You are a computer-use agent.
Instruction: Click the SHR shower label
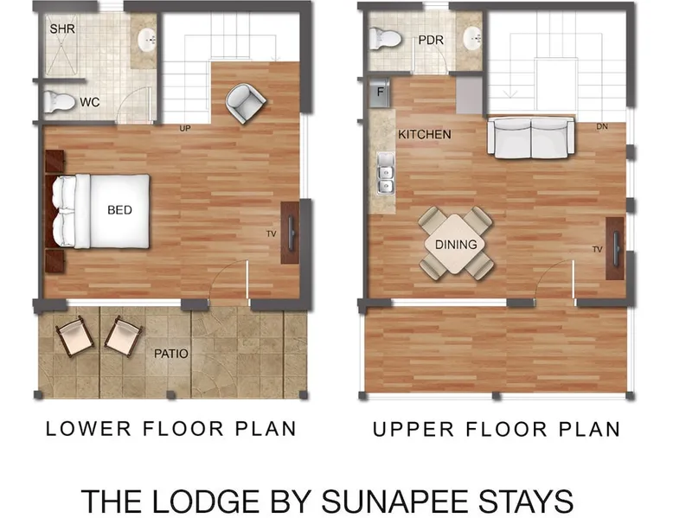(x=62, y=29)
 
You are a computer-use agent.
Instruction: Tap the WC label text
(x=90, y=102)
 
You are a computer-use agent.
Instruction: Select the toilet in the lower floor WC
(x=60, y=102)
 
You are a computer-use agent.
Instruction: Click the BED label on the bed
(x=119, y=210)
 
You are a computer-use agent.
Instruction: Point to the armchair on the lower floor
(x=246, y=104)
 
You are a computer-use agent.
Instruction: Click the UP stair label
(x=185, y=128)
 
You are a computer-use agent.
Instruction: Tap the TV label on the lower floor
(x=272, y=233)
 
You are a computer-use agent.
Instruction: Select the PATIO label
(x=171, y=354)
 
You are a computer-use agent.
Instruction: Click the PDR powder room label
(x=431, y=40)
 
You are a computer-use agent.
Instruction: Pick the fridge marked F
(x=380, y=93)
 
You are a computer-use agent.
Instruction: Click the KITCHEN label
(x=425, y=134)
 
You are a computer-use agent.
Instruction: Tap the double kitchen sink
(x=386, y=173)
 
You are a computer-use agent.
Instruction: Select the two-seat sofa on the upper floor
(x=530, y=137)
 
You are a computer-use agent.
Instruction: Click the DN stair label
(x=602, y=126)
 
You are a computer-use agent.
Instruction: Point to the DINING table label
(x=456, y=245)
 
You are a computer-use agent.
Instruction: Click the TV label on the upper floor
(x=598, y=249)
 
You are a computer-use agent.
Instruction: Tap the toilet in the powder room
(x=385, y=38)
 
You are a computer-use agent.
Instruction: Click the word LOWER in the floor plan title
(x=88, y=429)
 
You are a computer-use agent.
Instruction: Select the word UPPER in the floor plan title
(x=413, y=429)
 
